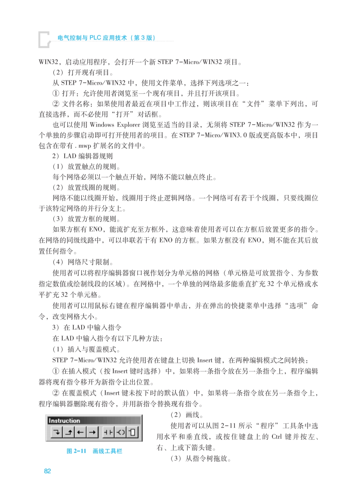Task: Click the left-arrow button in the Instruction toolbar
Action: point(80,433)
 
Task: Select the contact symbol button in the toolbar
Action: point(108,433)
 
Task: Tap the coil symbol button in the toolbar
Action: point(120,433)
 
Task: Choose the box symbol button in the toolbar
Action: point(132,433)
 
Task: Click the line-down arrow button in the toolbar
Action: point(57,433)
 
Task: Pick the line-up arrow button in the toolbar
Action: point(69,433)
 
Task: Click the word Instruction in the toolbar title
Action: point(64,420)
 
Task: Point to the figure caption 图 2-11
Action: point(76,451)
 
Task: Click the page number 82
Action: point(47,471)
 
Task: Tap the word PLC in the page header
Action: point(95,38)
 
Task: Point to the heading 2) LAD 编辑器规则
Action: point(82,156)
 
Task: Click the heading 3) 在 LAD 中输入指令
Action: point(87,327)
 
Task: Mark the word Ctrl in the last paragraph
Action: point(277,437)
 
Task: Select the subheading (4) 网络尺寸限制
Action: point(83,262)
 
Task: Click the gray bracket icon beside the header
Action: point(44,40)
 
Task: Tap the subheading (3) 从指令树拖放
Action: point(200,459)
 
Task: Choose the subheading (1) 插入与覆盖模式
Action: point(86,349)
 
